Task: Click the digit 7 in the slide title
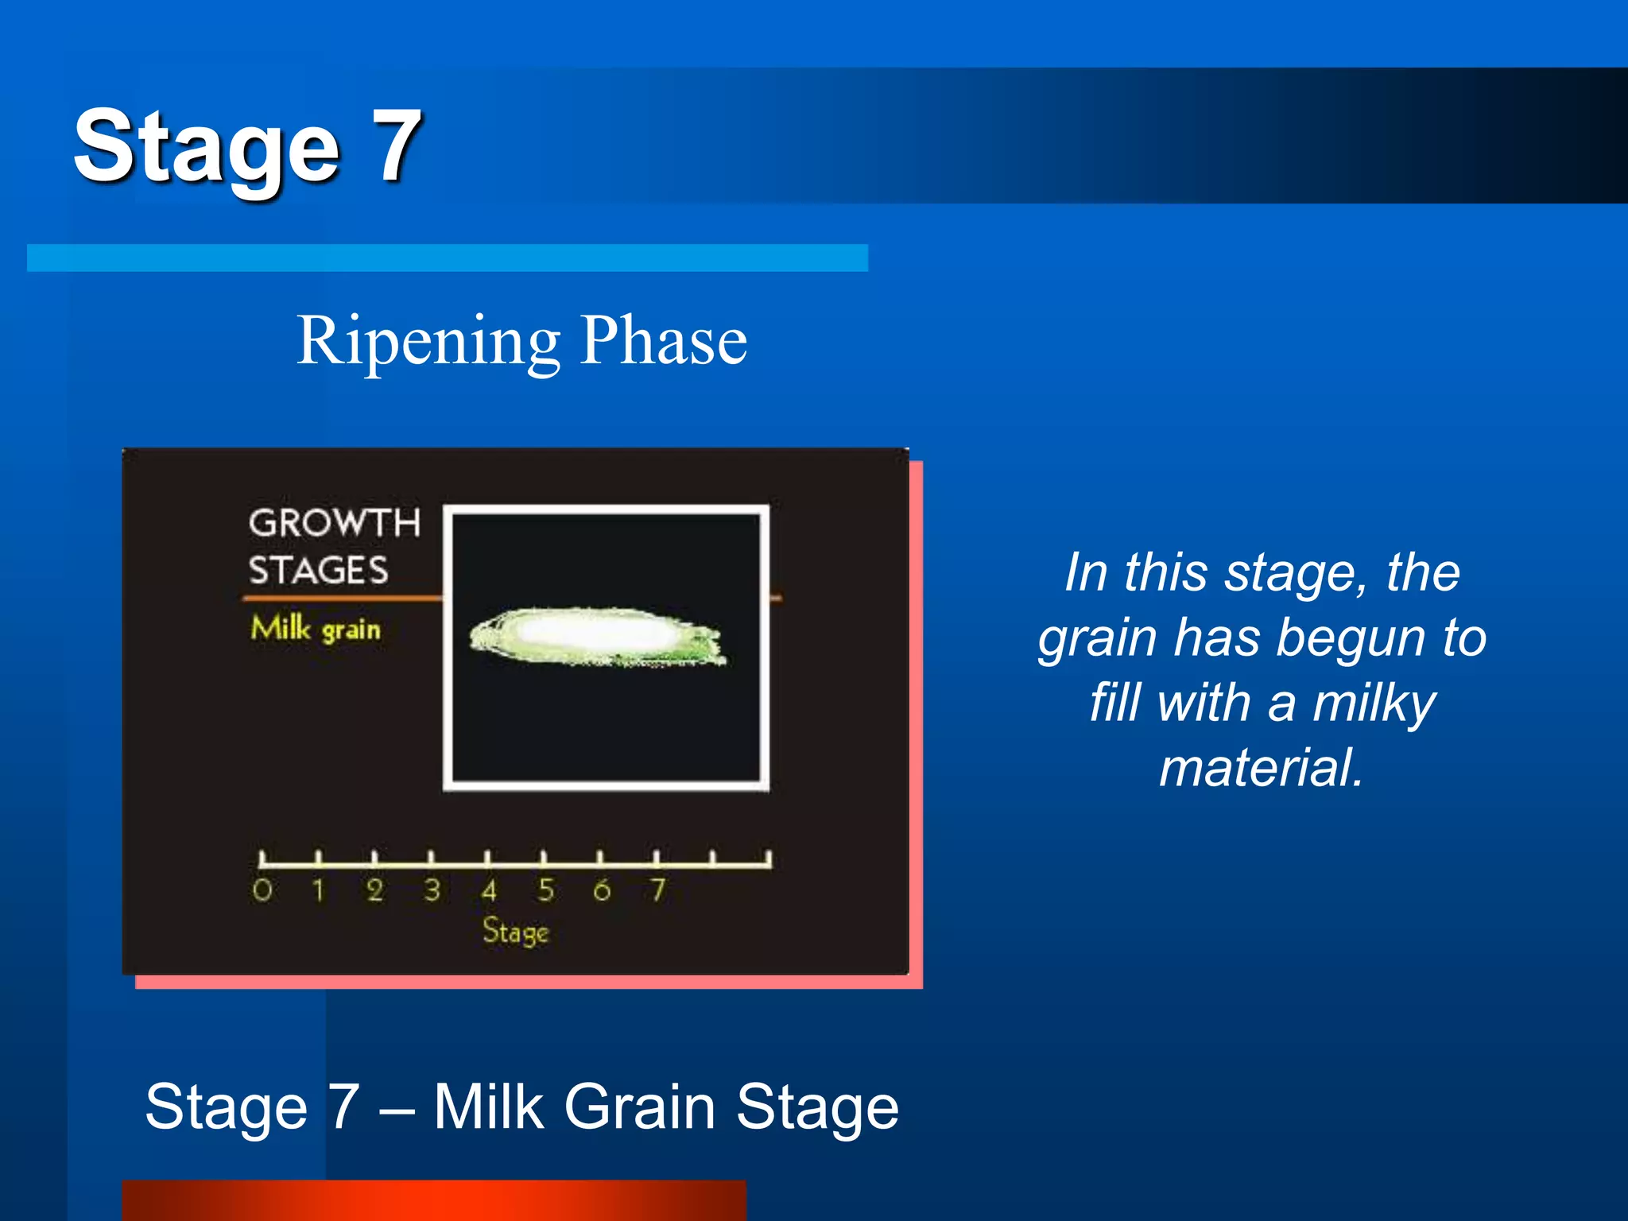pos(395,145)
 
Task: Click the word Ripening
pos(428,342)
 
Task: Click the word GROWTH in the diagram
pos(334,523)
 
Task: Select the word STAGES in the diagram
pos(318,571)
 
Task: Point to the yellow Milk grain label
pos(316,629)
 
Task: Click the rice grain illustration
pos(596,636)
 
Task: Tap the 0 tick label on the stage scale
pos(262,890)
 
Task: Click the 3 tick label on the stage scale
pos(432,890)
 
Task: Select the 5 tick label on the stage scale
pos(545,890)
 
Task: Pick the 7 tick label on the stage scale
pos(657,890)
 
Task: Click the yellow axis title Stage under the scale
pos(515,932)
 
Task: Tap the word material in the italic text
pos(1262,768)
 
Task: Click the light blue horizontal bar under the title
pos(447,258)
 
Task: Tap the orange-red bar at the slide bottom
pos(433,1200)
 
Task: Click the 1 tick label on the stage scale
pos(318,890)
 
